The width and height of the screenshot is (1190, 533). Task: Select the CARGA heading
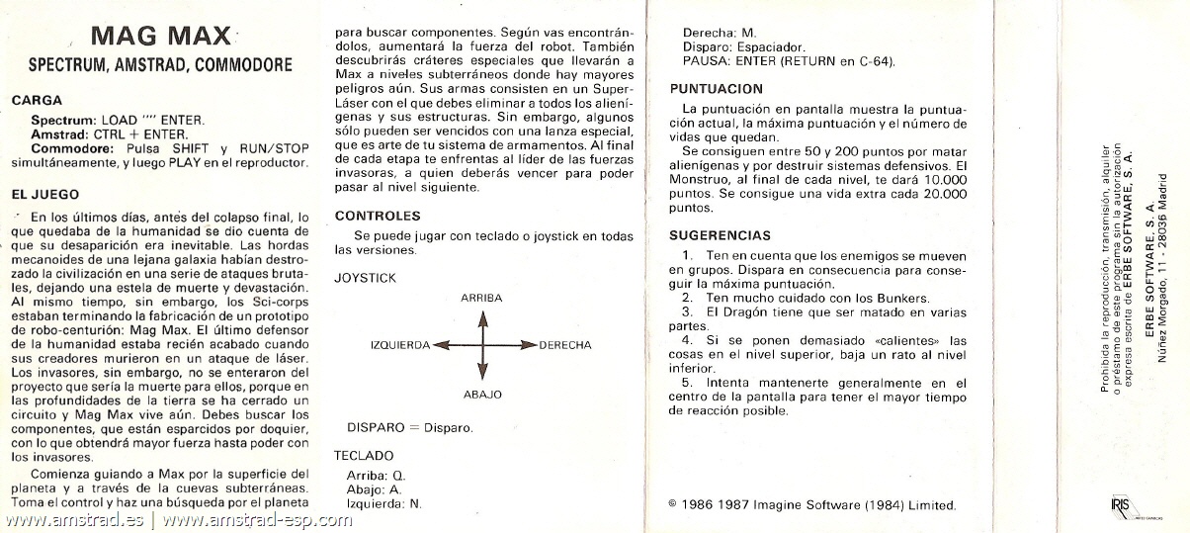tap(36, 100)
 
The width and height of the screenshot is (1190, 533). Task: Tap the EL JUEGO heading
tap(45, 195)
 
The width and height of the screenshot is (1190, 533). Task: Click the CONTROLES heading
tap(378, 216)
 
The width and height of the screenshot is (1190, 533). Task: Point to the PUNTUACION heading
tap(716, 88)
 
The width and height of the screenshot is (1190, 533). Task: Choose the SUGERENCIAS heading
tap(720, 235)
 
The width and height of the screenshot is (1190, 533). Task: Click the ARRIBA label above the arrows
tap(481, 298)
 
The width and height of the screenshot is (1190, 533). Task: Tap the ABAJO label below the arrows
tap(482, 395)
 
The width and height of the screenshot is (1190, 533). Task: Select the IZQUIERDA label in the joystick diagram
tap(399, 345)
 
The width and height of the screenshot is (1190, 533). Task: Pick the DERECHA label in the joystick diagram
tap(565, 345)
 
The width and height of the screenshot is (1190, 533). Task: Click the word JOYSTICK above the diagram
tap(365, 278)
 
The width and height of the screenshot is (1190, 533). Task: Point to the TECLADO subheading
tap(364, 456)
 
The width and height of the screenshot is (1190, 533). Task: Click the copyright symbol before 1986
tap(672, 503)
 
